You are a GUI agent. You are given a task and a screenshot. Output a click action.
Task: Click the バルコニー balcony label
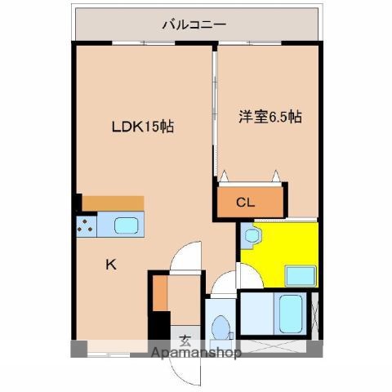(194, 24)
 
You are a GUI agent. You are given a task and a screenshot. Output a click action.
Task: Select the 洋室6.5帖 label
(270, 117)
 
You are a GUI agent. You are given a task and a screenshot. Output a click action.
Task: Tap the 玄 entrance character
(185, 341)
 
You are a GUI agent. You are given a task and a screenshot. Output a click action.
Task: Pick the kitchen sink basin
(125, 225)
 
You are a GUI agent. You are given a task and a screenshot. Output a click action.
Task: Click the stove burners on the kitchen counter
(86, 226)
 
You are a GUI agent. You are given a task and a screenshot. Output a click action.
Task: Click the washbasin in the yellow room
(250, 237)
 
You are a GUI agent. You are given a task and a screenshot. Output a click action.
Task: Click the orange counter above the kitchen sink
(113, 203)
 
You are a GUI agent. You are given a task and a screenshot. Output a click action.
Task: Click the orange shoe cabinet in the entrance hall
(161, 290)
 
